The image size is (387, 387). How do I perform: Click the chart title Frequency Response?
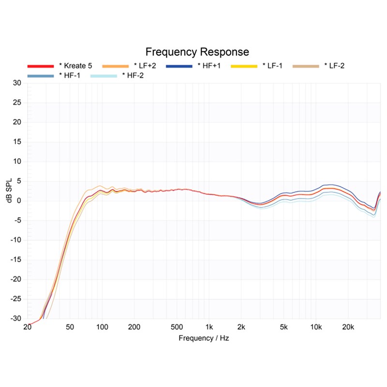197,52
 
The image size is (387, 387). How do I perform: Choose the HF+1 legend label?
208,65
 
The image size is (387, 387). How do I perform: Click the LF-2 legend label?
334,65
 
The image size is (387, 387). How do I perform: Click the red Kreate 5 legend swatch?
40,65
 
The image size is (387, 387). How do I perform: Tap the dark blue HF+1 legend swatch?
179,65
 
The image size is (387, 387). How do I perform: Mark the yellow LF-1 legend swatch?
243,65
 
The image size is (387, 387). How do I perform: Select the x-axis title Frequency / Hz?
204,338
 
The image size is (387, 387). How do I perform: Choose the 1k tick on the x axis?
209,327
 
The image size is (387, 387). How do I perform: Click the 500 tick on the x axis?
177,327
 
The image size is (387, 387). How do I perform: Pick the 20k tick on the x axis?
349,327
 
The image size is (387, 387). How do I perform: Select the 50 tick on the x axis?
70,327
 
